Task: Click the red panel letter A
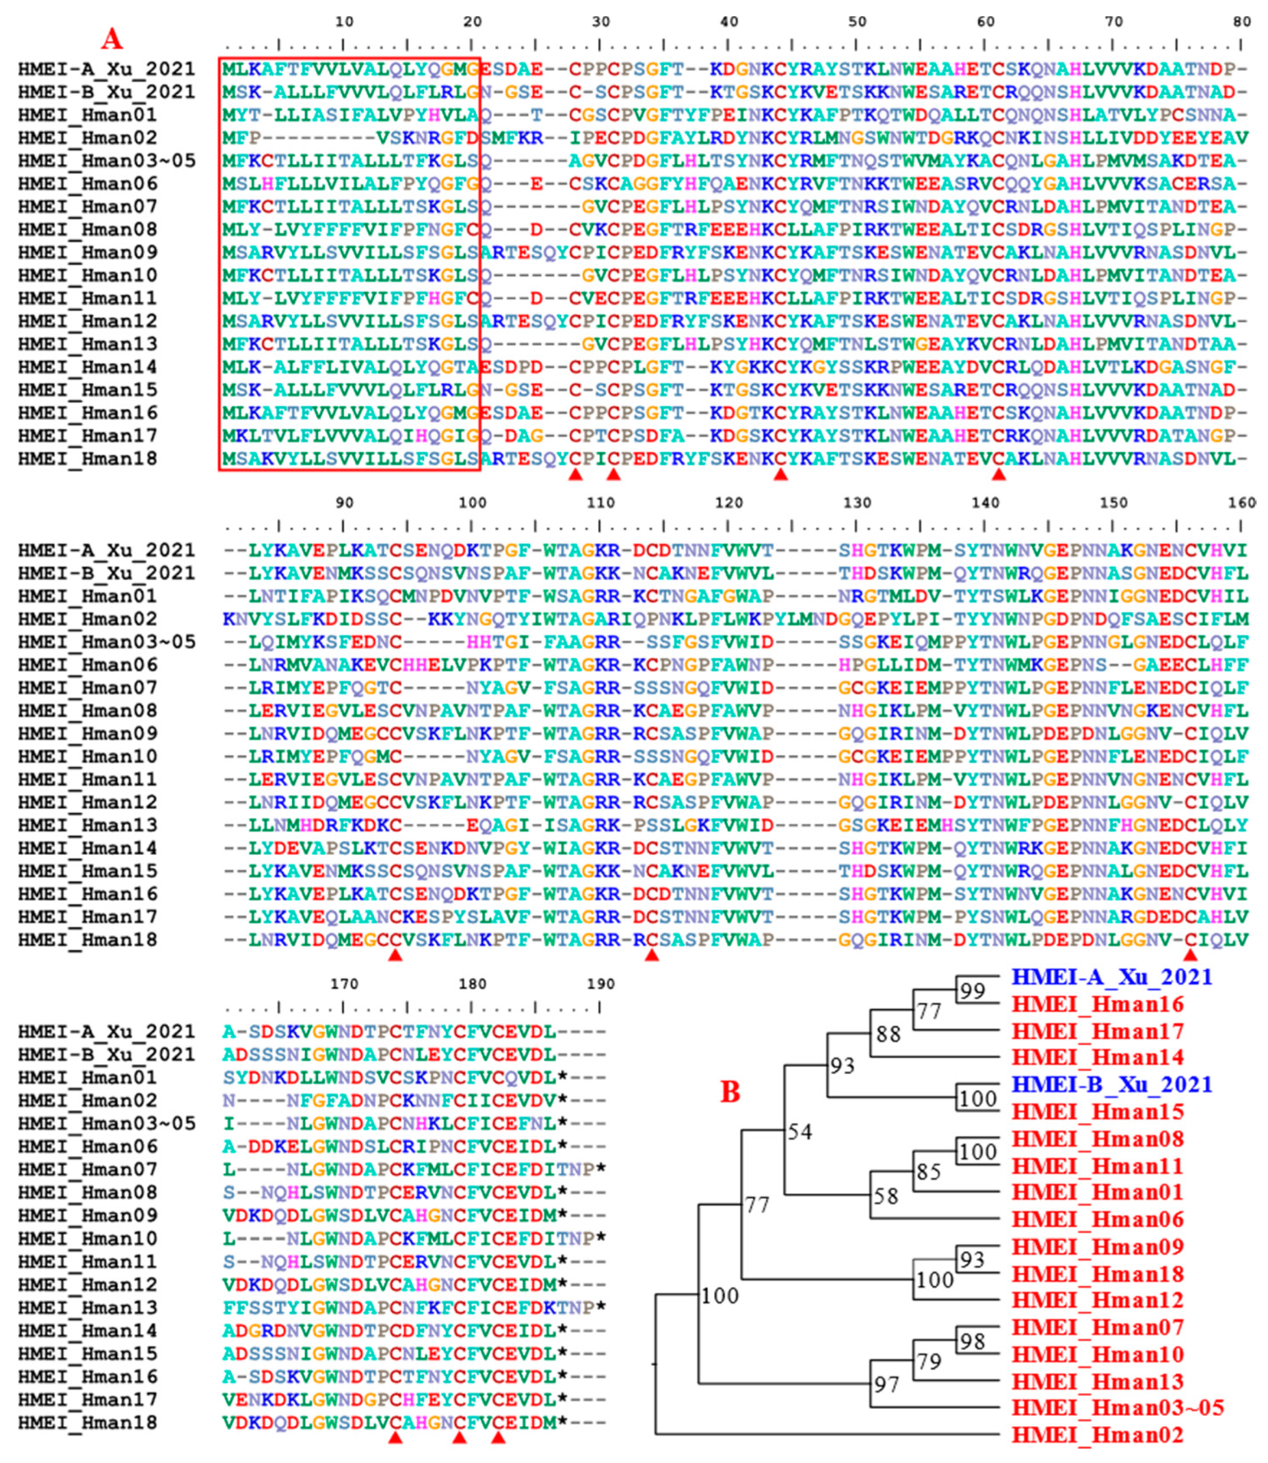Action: coord(112,39)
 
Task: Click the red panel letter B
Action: coord(730,1092)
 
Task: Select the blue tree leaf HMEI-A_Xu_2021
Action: coord(1112,977)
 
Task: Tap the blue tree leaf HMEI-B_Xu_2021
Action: coord(1112,1085)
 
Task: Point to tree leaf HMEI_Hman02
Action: coord(1097,1435)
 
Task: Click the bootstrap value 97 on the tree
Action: coord(886,1385)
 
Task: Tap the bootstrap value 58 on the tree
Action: coord(885,1197)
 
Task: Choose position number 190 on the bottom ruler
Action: coord(600,984)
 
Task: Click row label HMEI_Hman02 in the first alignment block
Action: coord(88,137)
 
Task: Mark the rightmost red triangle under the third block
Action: coord(498,1438)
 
